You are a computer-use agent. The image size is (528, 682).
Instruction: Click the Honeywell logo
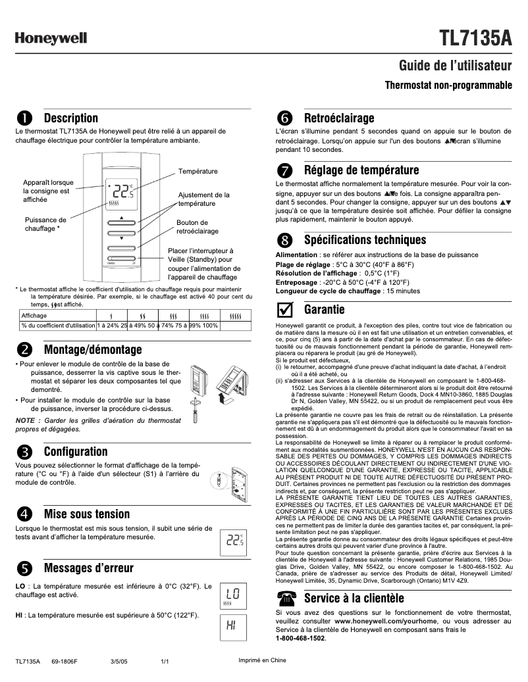click(51, 39)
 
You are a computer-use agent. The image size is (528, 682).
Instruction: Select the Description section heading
click(70, 118)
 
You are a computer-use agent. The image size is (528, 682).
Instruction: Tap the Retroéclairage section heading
click(339, 118)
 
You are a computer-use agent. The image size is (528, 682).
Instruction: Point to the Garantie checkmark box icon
click(284, 309)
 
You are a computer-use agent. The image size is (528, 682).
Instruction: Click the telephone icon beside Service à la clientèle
click(285, 598)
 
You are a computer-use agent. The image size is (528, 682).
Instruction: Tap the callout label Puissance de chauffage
click(45, 224)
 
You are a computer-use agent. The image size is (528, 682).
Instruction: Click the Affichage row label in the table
click(34, 316)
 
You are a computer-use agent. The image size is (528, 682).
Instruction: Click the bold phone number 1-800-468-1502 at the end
click(300, 638)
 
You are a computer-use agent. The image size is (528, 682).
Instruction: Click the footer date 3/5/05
click(119, 661)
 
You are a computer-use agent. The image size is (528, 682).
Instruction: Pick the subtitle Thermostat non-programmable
click(448, 85)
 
